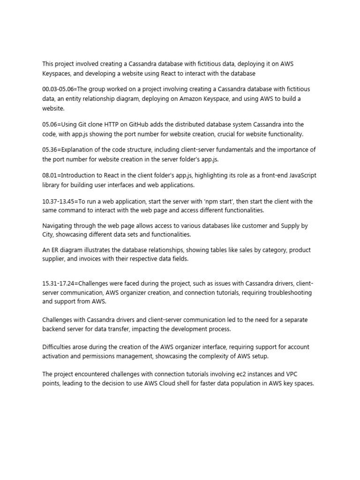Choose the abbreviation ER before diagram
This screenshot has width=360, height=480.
(x=56, y=250)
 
